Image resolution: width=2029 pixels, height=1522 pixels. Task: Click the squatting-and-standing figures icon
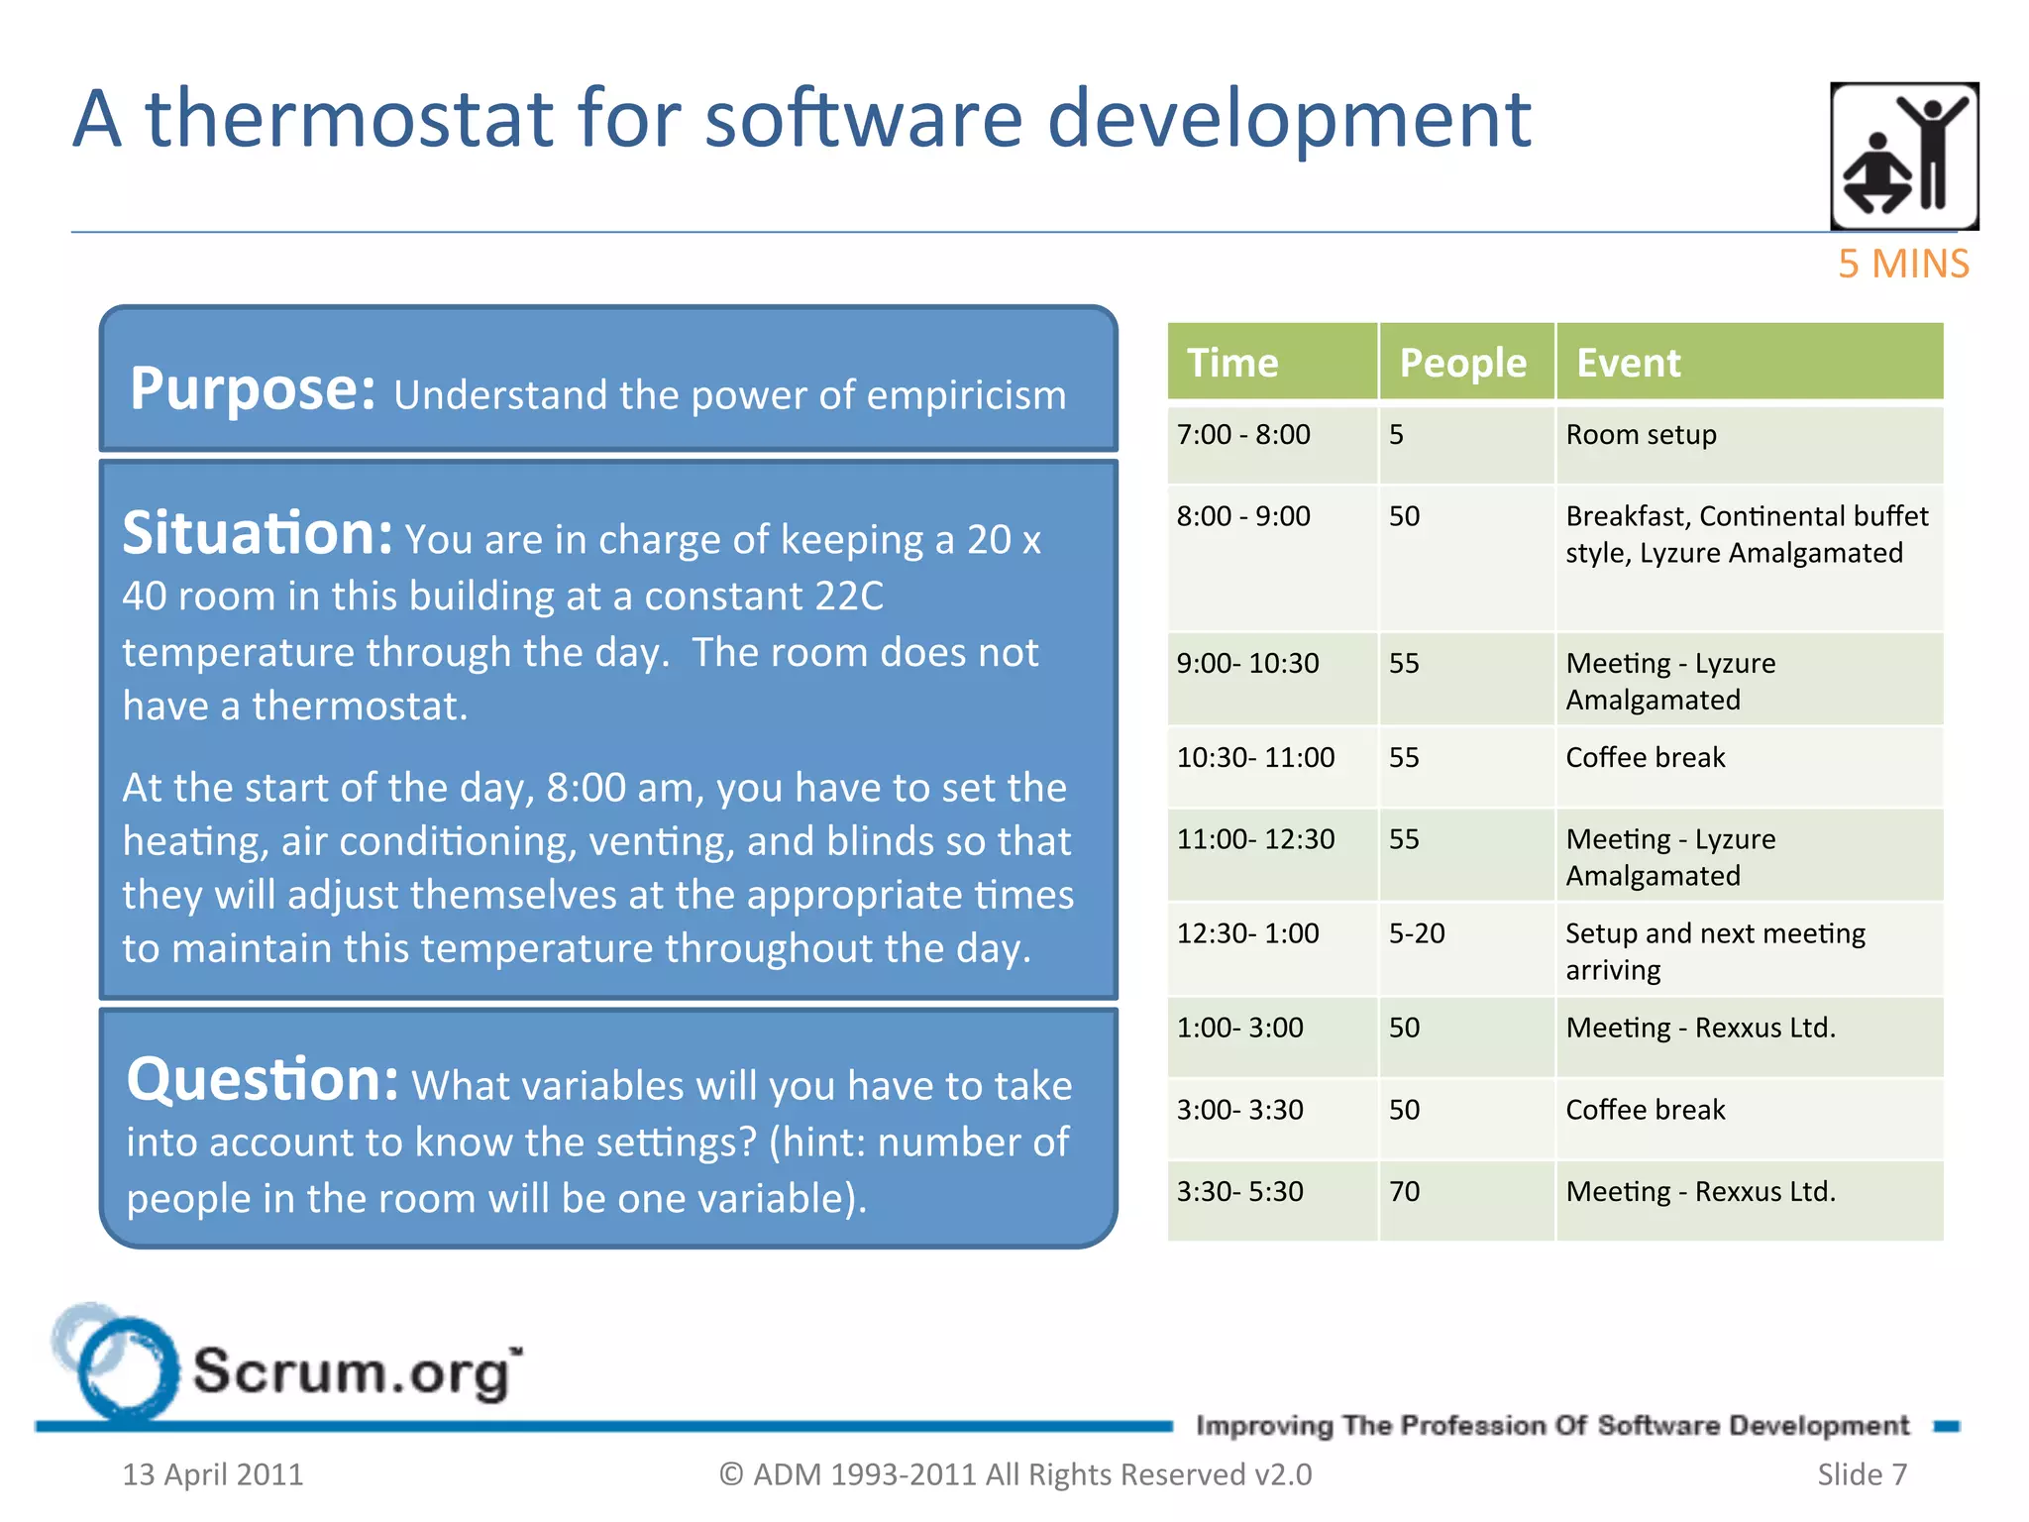point(1903,156)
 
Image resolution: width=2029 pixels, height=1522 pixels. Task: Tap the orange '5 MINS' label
point(1902,264)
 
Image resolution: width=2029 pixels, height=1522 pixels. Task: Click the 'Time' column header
point(1232,363)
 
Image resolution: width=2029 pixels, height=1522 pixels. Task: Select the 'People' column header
point(1462,363)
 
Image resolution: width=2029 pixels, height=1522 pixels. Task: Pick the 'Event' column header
point(1628,363)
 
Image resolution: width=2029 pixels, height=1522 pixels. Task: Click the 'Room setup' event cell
point(1641,435)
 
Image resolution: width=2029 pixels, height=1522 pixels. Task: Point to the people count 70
point(1404,1191)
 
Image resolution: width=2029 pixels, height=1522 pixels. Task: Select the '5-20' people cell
point(1417,933)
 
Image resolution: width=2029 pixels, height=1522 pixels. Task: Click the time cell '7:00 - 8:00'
point(1243,435)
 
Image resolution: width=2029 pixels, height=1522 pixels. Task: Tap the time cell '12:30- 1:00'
point(1247,933)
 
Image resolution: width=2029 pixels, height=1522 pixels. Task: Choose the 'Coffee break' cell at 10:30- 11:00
point(1645,758)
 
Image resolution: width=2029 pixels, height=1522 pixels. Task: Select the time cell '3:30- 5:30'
point(1239,1191)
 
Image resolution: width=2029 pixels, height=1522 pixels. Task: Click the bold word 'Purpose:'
point(253,388)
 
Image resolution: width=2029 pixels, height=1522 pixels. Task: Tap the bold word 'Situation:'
point(258,534)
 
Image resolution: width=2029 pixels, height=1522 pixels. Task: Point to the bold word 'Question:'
point(263,1079)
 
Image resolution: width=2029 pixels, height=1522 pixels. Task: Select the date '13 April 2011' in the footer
point(212,1474)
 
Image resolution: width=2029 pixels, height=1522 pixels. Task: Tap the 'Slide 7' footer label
point(1862,1474)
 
